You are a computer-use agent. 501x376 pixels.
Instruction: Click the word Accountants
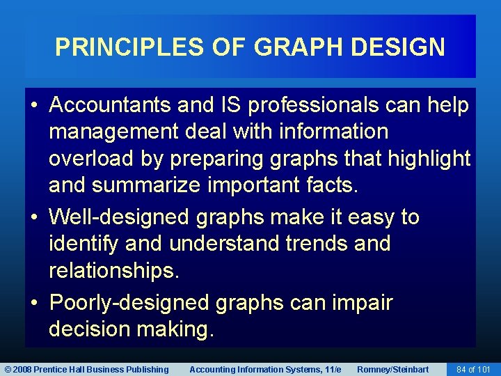[111, 105]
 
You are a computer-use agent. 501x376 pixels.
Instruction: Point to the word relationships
[113, 272]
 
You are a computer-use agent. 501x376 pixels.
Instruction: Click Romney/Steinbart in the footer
[392, 369]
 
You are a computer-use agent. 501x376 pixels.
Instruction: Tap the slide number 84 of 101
[473, 369]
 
